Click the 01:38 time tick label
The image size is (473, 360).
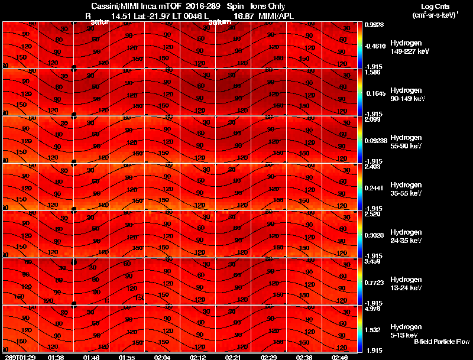[x=56, y=357]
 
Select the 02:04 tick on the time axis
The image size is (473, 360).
[x=163, y=357]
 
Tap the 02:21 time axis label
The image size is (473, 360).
[x=234, y=357]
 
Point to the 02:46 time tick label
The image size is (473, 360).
[x=340, y=357]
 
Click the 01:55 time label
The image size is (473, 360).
[x=127, y=357]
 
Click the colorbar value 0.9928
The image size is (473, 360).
[x=375, y=25]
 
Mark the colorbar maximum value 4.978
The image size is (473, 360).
[x=375, y=308]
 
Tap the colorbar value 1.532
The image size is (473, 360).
[x=375, y=329]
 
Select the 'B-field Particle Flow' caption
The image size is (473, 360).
[x=441, y=342]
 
